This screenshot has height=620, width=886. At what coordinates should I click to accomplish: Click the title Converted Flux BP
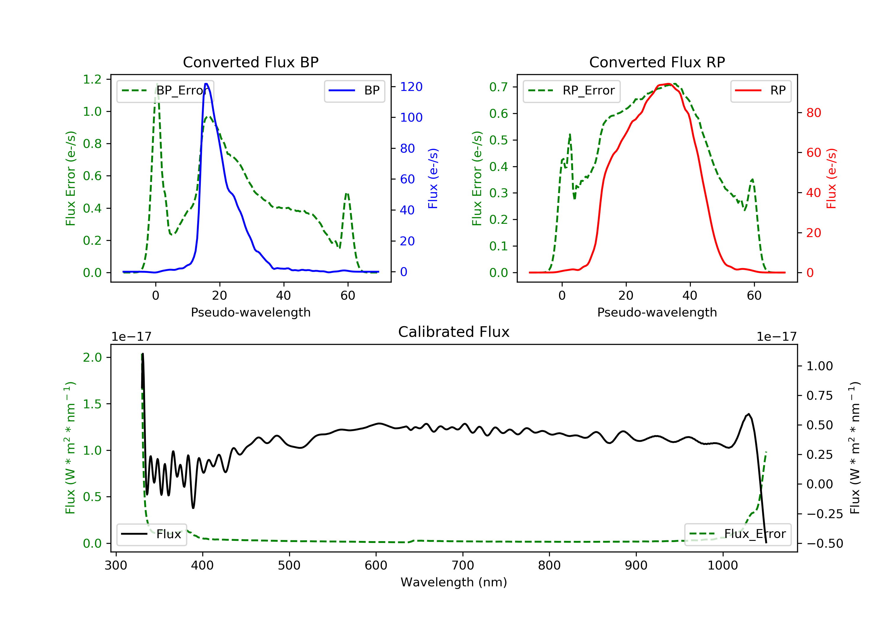click(x=250, y=62)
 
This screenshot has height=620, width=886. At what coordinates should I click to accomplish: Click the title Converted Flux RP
click(x=657, y=62)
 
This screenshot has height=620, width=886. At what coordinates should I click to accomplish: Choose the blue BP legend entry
click(x=354, y=91)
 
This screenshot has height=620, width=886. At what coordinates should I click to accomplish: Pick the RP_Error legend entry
click(x=571, y=91)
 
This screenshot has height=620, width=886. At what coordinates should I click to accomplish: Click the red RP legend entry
click(x=760, y=91)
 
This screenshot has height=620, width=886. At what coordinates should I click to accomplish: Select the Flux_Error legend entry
click(x=737, y=534)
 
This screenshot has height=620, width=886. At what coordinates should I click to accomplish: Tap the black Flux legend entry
click(x=152, y=534)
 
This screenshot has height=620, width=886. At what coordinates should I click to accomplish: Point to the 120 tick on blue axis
click(x=411, y=87)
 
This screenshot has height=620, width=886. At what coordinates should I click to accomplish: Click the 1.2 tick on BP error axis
click(x=92, y=79)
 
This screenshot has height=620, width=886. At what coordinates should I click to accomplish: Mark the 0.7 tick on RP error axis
click(x=499, y=87)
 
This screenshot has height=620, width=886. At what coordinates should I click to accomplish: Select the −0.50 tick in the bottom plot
click(x=824, y=544)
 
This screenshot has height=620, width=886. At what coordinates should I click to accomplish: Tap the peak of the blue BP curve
click(x=206, y=84)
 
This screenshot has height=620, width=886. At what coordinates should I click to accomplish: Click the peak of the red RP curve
click(x=669, y=84)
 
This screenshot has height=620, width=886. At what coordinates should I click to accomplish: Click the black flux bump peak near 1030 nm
click(x=749, y=414)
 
